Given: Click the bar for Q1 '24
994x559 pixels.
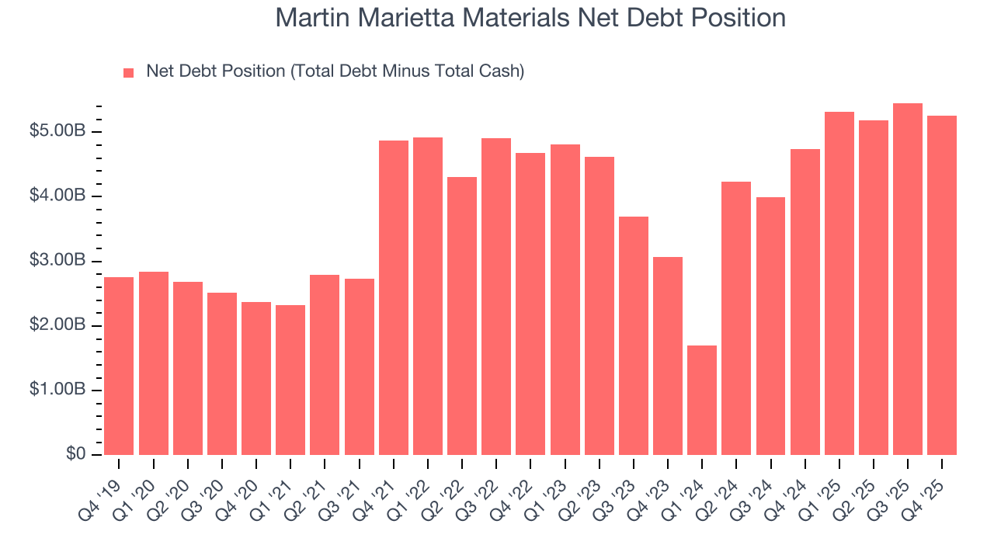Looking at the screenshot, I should coord(702,400).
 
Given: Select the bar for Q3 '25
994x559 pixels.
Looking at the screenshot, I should coord(908,279).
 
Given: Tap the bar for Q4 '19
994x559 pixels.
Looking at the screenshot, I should coord(119,366).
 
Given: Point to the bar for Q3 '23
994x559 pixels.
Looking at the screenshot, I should coord(634,335).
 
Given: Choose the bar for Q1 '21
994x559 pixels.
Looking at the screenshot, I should coord(290,380).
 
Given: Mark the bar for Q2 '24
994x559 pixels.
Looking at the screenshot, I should coord(736,318).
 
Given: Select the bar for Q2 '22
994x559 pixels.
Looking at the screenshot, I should coord(462,316).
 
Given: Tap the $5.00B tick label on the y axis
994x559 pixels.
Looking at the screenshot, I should coord(57,131).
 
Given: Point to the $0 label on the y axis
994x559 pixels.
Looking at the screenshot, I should coord(75,454).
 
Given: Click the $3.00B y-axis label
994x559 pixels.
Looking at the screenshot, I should coord(57,260).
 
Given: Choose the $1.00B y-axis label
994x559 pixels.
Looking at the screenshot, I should coord(57,390).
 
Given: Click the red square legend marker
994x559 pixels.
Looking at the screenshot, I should coord(129,72).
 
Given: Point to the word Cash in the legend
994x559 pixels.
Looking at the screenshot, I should coord(502,71).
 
